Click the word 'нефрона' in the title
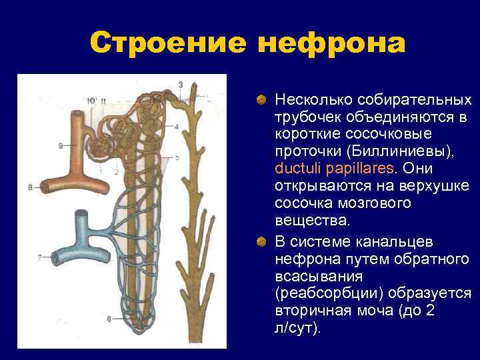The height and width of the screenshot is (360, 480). tap(331, 44)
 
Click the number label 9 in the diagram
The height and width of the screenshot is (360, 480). tap(61, 145)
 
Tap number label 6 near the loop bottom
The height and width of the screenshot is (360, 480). tap(109, 319)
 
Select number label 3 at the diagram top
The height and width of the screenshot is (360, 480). tap(181, 84)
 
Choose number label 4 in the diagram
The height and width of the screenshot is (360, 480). tap(176, 126)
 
